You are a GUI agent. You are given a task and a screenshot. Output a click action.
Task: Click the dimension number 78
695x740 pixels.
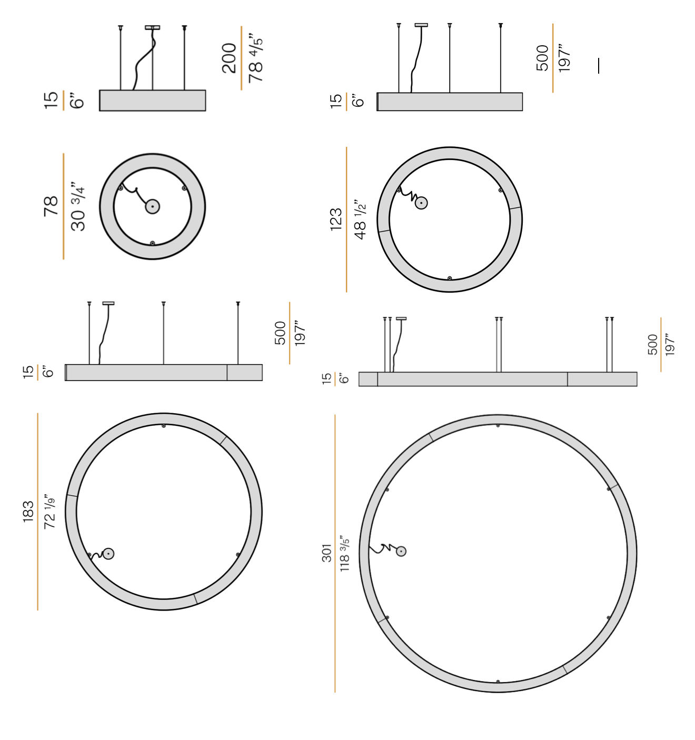(x=51, y=206)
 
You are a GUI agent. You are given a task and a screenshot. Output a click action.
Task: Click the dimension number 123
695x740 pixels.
(x=335, y=219)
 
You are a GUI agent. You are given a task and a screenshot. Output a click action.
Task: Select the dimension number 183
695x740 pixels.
(x=28, y=511)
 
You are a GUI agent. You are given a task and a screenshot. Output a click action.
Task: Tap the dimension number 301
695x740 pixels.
(x=326, y=553)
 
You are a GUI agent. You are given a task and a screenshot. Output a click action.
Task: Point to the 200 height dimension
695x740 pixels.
(x=229, y=58)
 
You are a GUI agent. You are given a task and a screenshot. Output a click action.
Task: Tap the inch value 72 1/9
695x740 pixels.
(x=49, y=511)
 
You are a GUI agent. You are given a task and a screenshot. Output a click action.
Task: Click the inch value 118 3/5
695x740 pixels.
(x=344, y=554)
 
